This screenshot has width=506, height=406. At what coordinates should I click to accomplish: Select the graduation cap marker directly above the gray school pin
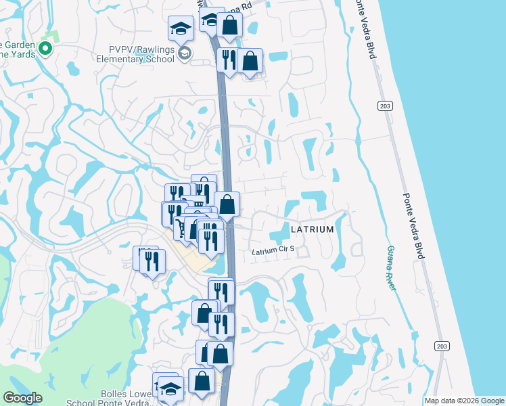[181, 28]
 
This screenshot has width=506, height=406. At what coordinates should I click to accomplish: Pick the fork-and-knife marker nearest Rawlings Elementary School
[228, 60]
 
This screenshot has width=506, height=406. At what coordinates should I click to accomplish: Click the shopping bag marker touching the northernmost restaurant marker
[250, 61]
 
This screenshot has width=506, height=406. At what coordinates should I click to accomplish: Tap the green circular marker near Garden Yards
[45, 48]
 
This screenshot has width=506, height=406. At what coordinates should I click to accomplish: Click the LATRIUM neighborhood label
[312, 229]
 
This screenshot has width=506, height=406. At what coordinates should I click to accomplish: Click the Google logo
[22, 397]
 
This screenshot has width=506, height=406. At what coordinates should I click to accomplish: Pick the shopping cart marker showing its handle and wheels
[182, 227]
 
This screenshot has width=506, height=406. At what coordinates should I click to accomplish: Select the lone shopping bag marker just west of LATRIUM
[227, 204]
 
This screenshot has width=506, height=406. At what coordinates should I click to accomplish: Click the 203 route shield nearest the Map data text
[441, 346]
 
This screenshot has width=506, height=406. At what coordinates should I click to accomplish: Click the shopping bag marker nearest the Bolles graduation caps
[202, 381]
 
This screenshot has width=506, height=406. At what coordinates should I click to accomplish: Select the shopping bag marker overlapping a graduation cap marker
[229, 24]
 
